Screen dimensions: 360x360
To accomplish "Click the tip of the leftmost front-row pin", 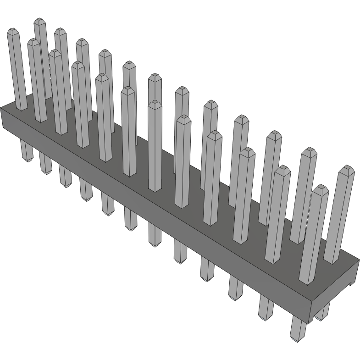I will tap(12, 31).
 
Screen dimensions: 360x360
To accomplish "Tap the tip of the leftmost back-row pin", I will tap(40, 21).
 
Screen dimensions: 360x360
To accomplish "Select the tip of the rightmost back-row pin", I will tap(347, 168).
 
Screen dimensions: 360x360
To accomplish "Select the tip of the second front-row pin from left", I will tap(33, 42).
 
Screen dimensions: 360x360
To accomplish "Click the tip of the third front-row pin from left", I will tap(55, 53).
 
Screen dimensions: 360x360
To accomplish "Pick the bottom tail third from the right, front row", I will tap(235, 294).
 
